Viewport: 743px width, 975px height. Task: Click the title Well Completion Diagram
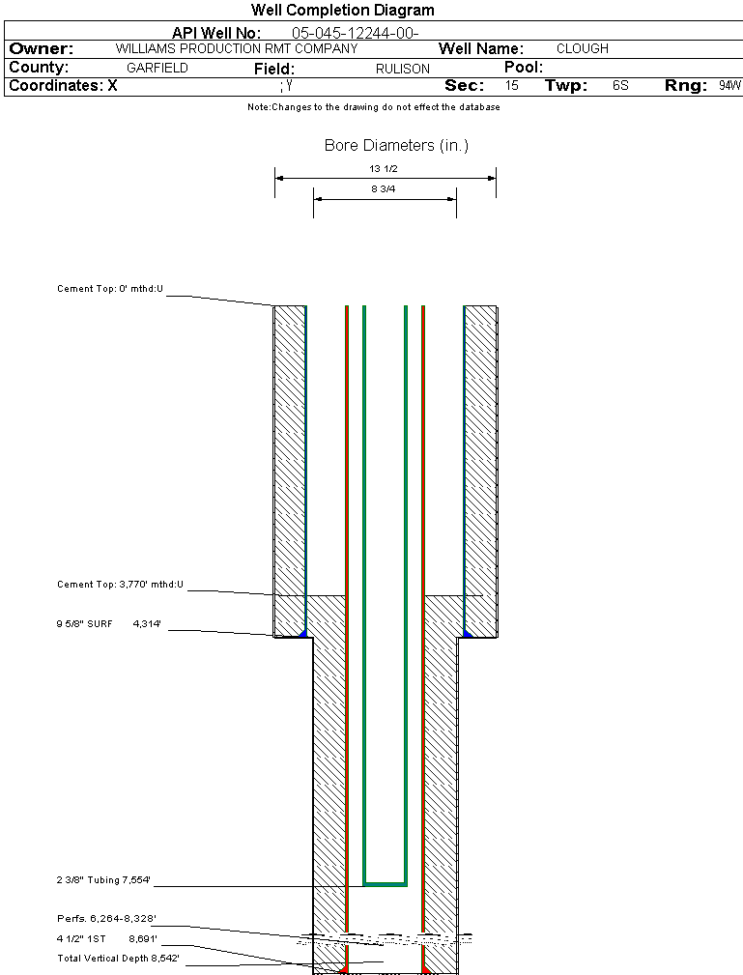coord(342,11)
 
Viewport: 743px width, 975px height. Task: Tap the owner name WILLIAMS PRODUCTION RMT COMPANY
coord(236,48)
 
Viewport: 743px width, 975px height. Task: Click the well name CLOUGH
coord(583,48)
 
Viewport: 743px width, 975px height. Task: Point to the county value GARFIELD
coord(157,69)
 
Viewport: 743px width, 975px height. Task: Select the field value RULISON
coord(403,69)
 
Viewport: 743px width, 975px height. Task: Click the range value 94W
coord(729,86)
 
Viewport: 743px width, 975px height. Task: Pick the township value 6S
coord(620,86)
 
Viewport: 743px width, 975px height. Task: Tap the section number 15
coord(512,86)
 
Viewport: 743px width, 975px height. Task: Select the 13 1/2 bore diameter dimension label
coord(384,168)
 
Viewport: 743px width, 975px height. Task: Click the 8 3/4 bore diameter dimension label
coord(384,190)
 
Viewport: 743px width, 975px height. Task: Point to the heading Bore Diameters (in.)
coord(396,146)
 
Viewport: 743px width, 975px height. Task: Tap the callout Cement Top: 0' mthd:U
coord(111,289)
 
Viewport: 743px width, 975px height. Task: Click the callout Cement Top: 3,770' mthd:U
coord(120,585)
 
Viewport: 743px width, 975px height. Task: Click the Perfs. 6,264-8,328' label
coord(106,918)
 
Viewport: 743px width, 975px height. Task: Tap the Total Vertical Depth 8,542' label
coord(118,958)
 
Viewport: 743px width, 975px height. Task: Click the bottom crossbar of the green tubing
coord(385,884)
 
